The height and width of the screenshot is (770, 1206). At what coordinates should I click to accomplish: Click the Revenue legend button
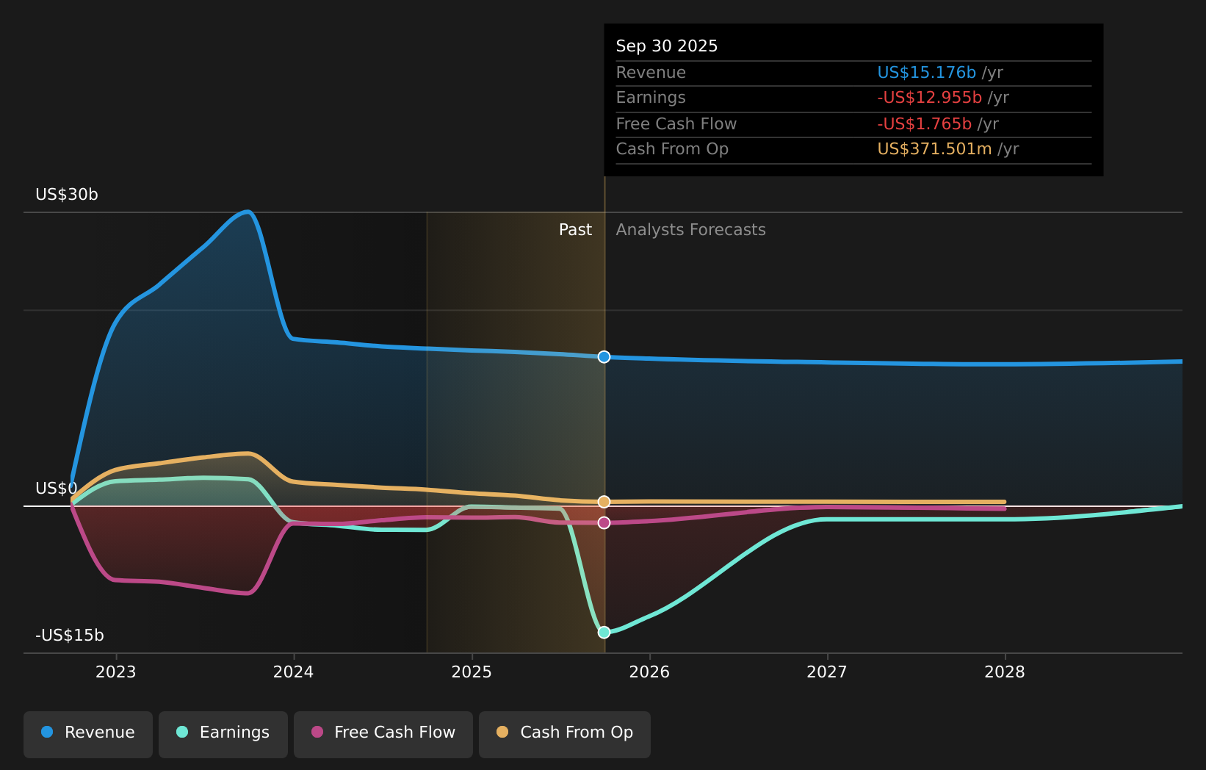tap(88, 733)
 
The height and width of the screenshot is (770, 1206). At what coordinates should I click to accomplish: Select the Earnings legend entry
tap(223, 733)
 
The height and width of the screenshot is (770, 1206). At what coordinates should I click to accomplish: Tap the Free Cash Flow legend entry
tap(383, 733)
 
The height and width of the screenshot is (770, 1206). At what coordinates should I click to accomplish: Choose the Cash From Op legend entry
tap(565, 733)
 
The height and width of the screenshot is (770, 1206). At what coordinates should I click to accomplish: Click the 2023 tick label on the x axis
tap(116, 672)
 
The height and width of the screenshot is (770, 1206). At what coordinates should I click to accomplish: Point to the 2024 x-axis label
tap(294, 672)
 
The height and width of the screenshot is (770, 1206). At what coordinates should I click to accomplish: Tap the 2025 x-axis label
tap(472, 672)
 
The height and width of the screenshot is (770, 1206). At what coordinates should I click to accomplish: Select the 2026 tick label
tap(649, 672)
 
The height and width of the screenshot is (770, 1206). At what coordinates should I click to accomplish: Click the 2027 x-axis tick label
tap(827, 672)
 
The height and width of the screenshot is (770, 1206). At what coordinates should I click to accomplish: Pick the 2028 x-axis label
tap(1005, 672)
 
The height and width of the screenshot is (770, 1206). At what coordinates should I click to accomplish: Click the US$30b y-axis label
tap(67, 195)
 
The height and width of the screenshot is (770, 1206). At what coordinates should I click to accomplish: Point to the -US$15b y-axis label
tap(70, 636)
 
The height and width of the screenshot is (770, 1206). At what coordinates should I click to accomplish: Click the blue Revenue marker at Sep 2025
tap(604, 357)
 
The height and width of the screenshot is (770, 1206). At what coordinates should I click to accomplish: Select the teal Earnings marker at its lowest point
tap(604, 633)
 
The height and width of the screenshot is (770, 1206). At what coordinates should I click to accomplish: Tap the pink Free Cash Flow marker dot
tap(604, 523)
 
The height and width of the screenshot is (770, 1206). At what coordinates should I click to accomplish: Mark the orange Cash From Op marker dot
tap(604, 502)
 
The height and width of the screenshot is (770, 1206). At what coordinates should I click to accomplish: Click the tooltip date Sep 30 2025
tap(667, 46)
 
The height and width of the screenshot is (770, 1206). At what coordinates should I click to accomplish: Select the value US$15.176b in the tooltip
tap(926, 73)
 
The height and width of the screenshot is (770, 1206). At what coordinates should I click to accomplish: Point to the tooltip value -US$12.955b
tap(929, 98)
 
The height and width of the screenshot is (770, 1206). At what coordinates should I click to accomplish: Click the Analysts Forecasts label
tap(690, 230)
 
